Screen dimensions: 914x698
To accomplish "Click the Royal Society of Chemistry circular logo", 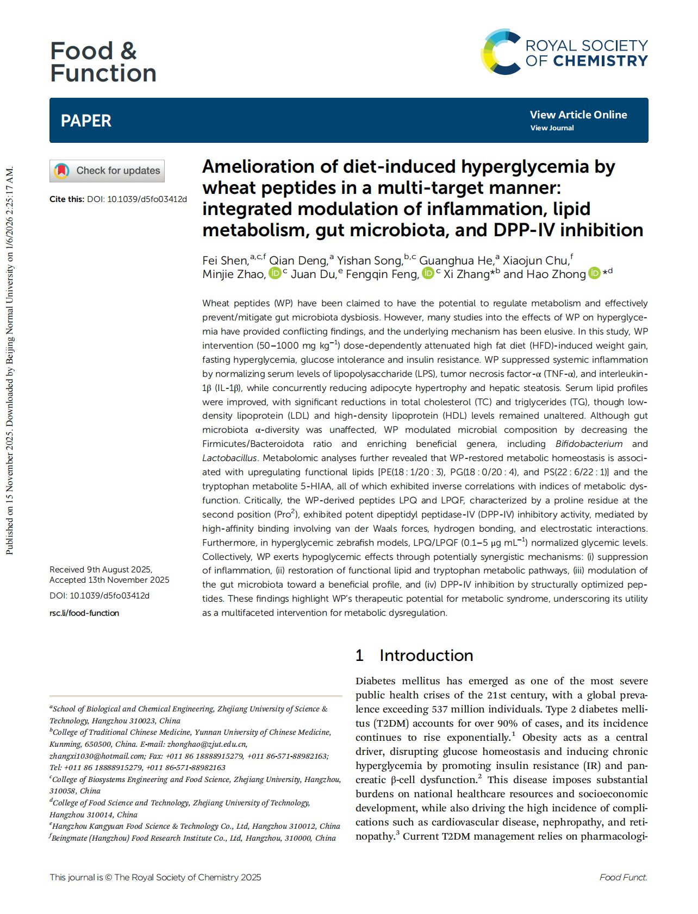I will pos(501,52).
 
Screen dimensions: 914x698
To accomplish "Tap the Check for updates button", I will pos(107,171).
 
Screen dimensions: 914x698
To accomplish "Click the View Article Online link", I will pos(578,115).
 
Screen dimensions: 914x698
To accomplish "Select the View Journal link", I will pos(552,128).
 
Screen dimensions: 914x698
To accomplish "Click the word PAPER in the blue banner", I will pos(86,121).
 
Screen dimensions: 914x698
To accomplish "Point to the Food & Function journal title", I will pos(103,62).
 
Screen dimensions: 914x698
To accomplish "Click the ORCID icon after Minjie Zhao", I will pos(275,273).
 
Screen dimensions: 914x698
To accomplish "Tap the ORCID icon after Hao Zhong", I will pos(594,273).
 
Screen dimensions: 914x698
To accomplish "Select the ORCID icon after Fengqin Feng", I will pos(428,273).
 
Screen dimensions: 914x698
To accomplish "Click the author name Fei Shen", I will pos(225,261).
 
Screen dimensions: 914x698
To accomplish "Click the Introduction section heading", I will pos(426,655).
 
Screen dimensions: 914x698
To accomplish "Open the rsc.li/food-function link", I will pos(84,613).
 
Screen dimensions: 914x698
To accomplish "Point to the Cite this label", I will pos(66,199).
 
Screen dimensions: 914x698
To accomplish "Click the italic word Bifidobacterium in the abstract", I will pos(589,444).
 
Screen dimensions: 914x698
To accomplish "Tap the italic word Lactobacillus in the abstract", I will pos(229,458).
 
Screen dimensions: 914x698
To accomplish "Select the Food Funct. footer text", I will pos(623,877).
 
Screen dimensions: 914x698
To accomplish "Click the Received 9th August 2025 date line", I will pos(101,569).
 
